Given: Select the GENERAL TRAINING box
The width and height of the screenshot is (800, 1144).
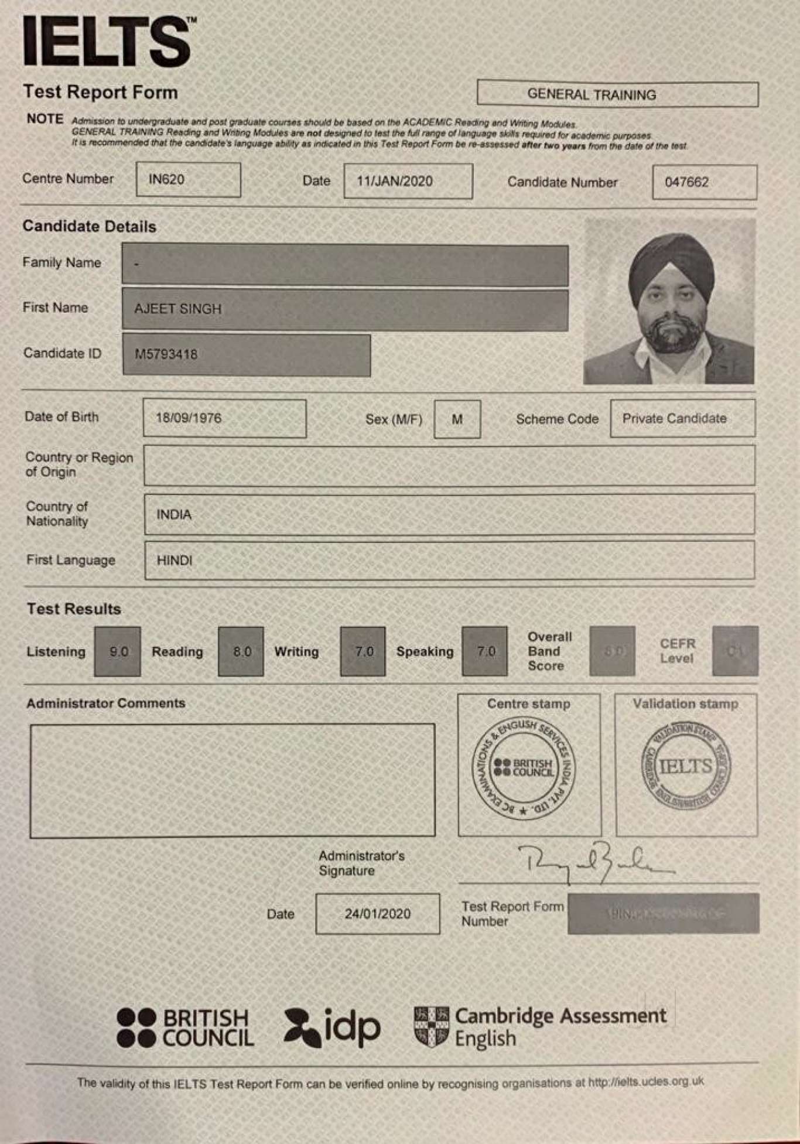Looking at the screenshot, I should [617, 94].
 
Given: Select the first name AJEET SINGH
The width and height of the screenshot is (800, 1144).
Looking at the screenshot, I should [178, 309].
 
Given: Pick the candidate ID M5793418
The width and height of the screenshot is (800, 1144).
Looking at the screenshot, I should [166, 354].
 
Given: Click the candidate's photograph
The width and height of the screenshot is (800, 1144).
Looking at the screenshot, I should [669, 302].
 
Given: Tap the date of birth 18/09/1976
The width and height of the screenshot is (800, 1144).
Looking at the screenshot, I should [189, 418].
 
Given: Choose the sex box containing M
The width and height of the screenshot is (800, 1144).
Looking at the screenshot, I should [457, 419].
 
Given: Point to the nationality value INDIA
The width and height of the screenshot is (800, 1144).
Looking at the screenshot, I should [174, 514].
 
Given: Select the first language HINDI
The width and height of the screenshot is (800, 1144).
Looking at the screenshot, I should [175, 561].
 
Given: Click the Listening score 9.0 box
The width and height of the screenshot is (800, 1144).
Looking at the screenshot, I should [118, 651].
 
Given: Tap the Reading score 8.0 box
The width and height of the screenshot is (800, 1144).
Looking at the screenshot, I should [241, 651].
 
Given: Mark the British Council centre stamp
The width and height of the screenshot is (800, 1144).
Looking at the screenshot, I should [524, 767].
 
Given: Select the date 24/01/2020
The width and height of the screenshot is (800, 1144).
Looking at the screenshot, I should [378, 914].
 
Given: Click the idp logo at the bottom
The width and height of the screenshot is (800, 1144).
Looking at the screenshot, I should [332, 1028].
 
